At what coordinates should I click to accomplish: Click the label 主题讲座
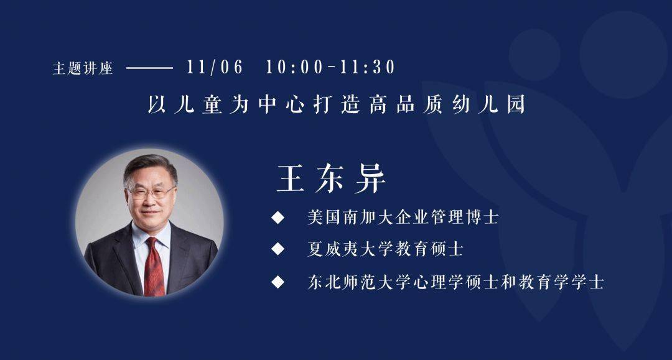pyautogui.click(x=83, y=68)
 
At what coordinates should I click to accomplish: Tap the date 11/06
pyautogui.click(x=215, y=67)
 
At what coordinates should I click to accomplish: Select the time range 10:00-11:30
pyautogui.click(x=330, y=67)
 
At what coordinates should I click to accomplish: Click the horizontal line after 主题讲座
pyautogui.click(x=149, y=68)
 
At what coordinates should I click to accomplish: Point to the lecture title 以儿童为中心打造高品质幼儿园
pyautogui.click(x=337, y=104)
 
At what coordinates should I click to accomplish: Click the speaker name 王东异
pyautogui.click(x=331, y=178)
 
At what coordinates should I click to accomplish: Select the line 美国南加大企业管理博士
pyautogui.click(x=403, y=217)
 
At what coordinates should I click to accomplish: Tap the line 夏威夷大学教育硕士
pyautogui.click(x=385, y=249)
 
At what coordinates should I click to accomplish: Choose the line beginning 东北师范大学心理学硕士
pyautogui.click(x=456, y=282)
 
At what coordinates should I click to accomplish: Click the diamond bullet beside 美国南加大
pyautogui.click(x=278, y=218)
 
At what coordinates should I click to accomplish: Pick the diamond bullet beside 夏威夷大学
pyautogui.click(x=278, y=249)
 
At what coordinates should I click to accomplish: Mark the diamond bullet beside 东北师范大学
pyautogui.click(x=278, y=282)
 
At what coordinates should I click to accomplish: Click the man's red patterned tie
pyautogui.click(x=154, y=266)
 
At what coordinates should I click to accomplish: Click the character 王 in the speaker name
pyautogui.click(x=291, y=178)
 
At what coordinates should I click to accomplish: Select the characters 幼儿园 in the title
pyautogui.click(x=489, y=104)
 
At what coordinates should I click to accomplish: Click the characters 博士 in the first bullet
pyautogui.click(x=481, y=217)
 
